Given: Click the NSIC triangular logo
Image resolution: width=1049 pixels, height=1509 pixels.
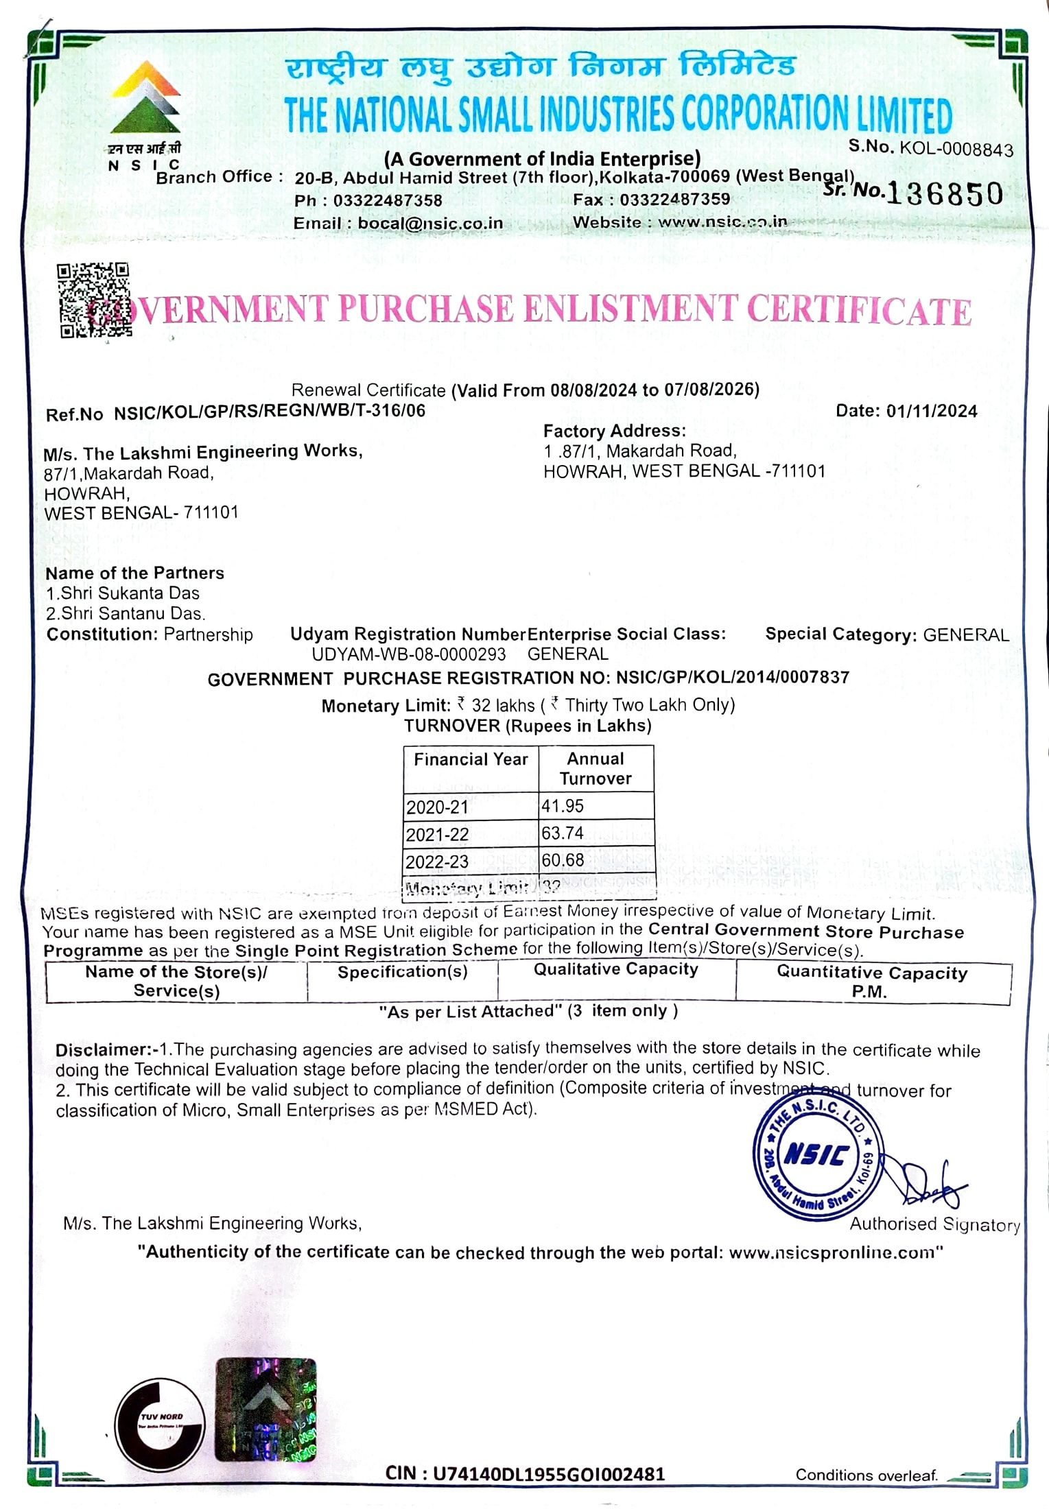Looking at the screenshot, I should coord(145,97).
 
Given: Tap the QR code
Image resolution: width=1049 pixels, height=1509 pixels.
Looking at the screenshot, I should coord(93,300).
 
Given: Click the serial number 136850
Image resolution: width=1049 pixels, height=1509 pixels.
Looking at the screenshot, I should coord(945,195).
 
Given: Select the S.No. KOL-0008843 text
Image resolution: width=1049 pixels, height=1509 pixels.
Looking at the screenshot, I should coord(930,147).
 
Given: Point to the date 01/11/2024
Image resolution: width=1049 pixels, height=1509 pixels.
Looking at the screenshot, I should coord(931,411).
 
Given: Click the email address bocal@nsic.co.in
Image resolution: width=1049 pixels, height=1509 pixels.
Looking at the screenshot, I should coord(430,224).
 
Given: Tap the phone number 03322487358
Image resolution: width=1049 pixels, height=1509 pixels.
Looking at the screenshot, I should coord(388,201).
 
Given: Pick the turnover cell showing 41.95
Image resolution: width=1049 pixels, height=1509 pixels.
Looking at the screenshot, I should coord(563,806).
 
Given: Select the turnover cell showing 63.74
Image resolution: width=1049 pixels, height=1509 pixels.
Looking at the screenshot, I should coord(563,833).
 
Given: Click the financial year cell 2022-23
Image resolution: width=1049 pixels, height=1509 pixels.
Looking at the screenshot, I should coord(437,862).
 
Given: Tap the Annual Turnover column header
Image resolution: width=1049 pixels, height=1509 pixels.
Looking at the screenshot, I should coord(596,769).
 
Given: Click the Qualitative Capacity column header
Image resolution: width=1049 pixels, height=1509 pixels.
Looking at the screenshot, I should coord(615,969).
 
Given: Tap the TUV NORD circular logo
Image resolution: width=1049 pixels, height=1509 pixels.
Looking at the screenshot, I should coord(159,1419).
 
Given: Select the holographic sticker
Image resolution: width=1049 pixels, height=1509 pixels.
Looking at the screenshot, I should coord(266,1410).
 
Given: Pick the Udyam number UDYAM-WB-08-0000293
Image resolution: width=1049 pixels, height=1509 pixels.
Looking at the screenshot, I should coord(409,654).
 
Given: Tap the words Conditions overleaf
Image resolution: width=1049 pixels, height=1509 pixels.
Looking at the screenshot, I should coord(867,1475).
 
